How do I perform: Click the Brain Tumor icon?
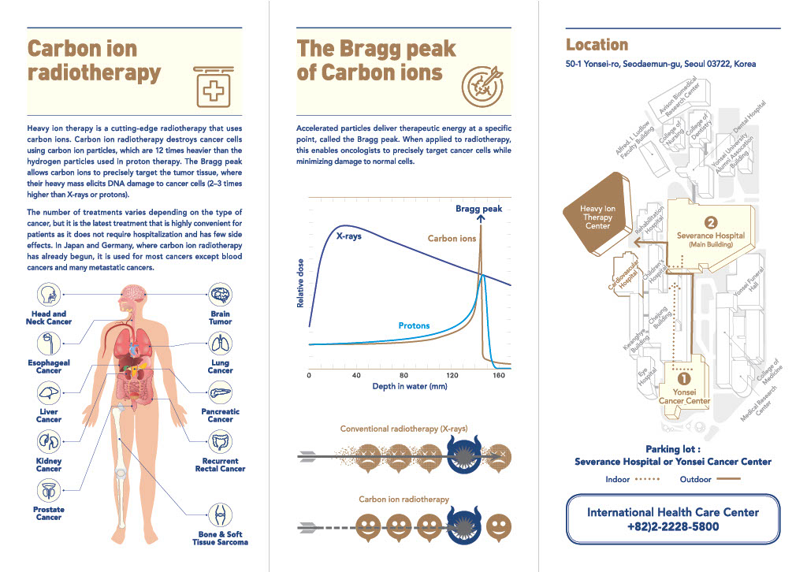tap(221, 295)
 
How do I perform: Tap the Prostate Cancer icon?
tap(49, 490)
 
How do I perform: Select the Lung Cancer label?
tap(221, 366)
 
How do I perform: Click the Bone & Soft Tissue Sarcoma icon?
tap(221, 515)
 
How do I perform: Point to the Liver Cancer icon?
tap(49, 392)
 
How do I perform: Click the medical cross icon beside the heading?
tap(214, 87)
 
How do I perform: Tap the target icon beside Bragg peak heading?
tap(482, 86)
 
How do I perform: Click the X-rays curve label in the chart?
tap(349, 236)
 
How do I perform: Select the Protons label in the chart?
tap(414, 325)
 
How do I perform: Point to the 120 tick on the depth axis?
tap(452, 376)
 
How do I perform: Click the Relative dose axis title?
tap(300, 284)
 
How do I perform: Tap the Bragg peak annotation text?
tap(478, 209)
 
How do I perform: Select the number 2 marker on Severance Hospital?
tap(711, 222)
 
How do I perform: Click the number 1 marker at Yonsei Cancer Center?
tap(684, 379)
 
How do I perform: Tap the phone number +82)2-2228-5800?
tap(673, 527)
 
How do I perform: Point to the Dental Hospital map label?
tap(749, 117)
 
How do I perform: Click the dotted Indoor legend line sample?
tap(648, 479)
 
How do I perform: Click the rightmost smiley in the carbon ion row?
tap(498, 527)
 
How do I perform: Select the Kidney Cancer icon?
tap(49, 441)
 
